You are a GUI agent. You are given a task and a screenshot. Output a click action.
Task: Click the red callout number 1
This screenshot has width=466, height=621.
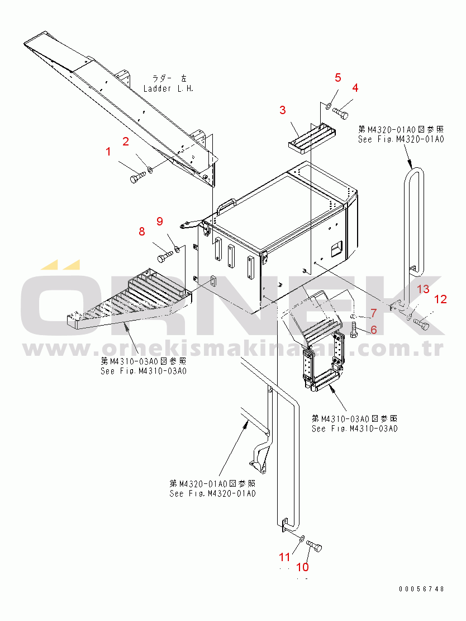pos(109,151)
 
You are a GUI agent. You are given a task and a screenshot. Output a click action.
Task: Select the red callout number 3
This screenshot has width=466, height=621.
pos(283,110)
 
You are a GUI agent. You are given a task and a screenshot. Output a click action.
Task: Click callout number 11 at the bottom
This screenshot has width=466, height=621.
pos(285,557)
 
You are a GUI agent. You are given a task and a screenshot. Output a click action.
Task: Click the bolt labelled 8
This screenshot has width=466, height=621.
pos(163,257)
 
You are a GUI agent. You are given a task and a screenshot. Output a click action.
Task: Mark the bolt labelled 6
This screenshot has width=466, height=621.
pos(354,332)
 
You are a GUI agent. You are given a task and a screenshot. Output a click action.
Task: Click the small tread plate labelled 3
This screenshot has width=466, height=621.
pos(311,138)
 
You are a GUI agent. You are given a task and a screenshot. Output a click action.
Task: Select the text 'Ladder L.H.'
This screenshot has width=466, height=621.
pos(168,88)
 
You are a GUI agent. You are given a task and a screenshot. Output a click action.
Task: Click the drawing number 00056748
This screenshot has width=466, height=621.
pos(422,589)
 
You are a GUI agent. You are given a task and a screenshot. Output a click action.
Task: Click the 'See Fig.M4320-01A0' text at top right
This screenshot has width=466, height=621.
pos(401,139)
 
